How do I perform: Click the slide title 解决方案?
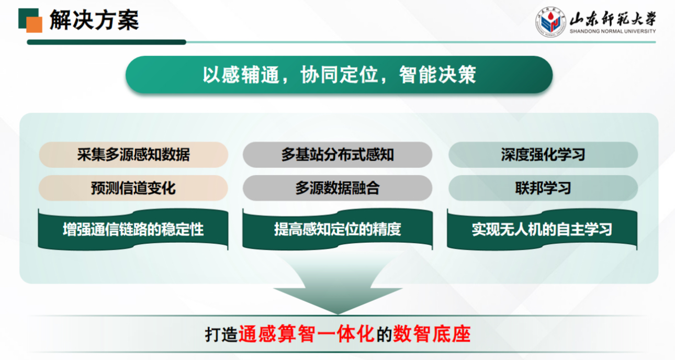94,20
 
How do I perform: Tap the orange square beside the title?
35,25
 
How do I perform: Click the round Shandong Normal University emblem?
550,22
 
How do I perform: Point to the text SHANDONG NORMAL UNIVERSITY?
613,31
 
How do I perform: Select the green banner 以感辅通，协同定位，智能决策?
339,75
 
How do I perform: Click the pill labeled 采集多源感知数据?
133,155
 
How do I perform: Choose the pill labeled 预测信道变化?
133,188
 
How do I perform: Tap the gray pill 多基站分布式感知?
337,155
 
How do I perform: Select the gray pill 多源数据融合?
337,188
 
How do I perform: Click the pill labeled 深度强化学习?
543,155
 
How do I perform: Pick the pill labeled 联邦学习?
543,188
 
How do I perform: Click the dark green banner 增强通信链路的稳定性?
133,230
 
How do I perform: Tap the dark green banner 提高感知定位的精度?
337,230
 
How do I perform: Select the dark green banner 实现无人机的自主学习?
542,230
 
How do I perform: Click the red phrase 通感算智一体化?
307,334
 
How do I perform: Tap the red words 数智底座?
432,334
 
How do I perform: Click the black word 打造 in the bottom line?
221,334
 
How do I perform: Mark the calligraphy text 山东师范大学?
613,19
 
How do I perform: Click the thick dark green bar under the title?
106,42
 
